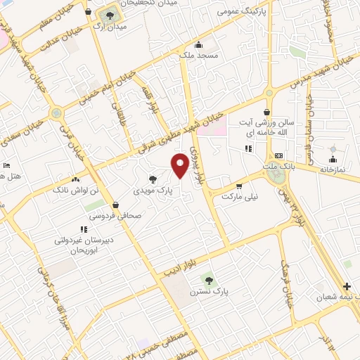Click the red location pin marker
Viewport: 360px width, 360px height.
click(x=180, y=165)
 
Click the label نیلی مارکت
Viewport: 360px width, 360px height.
click(x=240, y=198)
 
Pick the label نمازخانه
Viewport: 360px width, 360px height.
click(x=334, y=169)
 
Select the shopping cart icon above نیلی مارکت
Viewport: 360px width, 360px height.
click(x=239, y=186)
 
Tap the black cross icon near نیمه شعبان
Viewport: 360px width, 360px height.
click(x=346, y=286)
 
